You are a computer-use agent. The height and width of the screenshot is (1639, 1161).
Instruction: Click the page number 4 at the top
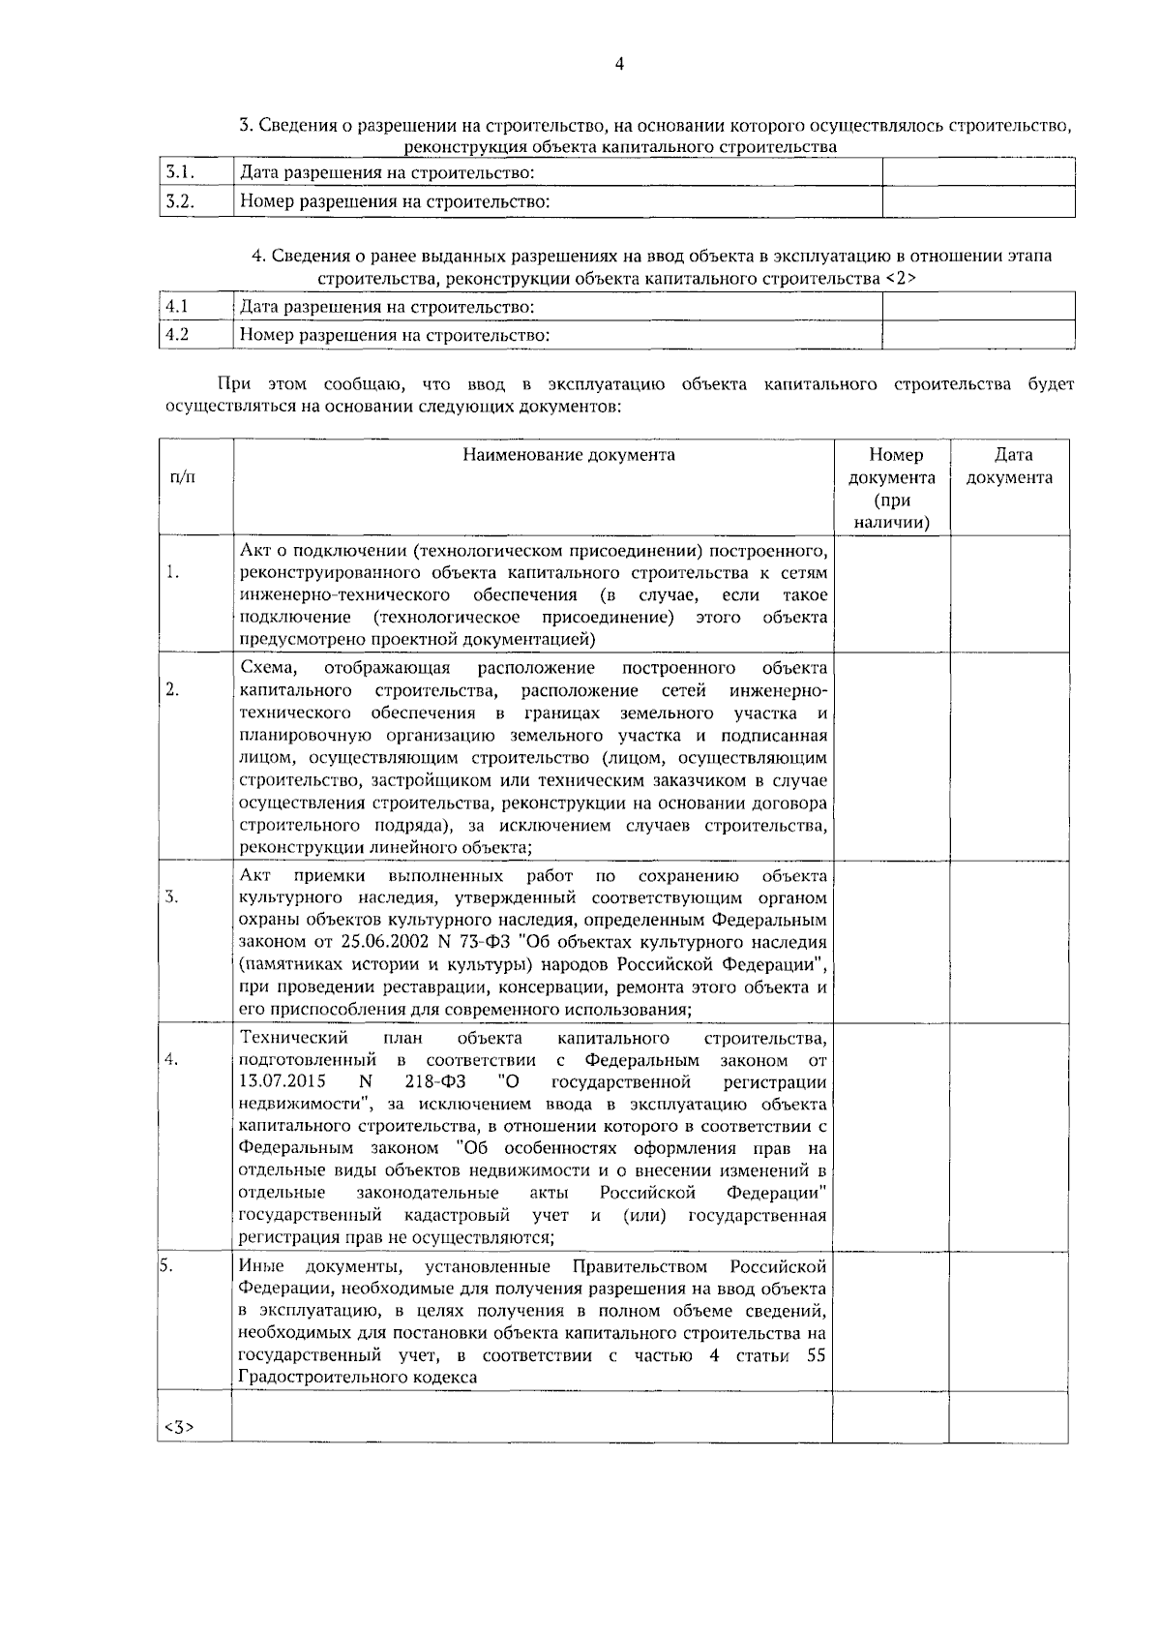[619, 65]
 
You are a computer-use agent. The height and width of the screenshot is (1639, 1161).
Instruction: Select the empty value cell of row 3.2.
[978, 202]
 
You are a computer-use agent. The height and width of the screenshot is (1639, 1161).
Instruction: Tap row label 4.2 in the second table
[177, 335]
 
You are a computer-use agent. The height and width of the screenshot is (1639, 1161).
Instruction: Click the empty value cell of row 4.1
[978, 307]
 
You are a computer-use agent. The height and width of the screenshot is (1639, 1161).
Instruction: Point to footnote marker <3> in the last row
[180, 1426]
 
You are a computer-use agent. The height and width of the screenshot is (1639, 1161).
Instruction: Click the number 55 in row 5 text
[816, 1355]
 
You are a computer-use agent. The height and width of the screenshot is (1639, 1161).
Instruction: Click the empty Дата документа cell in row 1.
[1009, 593]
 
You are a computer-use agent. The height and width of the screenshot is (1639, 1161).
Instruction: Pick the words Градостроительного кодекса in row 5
[358, 1378]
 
